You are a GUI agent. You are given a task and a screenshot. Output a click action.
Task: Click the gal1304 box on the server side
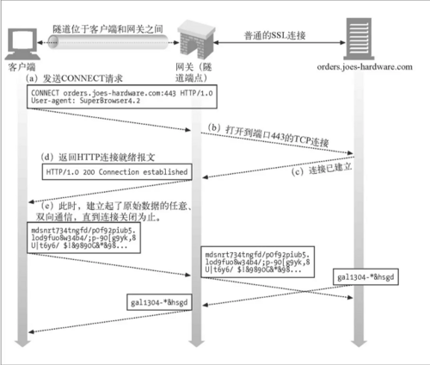point(371,277)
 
